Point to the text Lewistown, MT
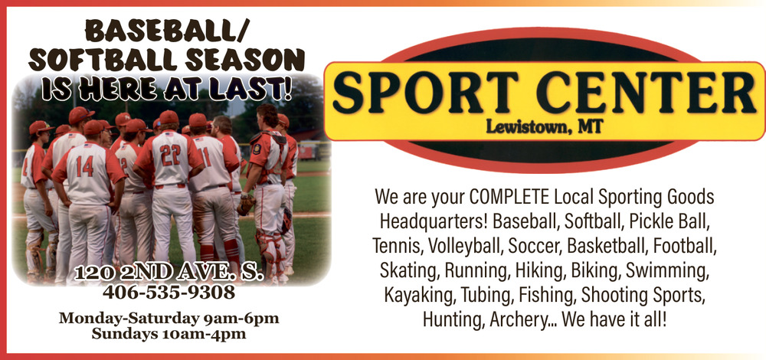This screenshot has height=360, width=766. point(544,127)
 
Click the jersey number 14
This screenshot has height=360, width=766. point(84,166)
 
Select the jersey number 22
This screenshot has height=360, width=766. point(170,155)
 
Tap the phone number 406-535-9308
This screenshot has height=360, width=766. point(169,293)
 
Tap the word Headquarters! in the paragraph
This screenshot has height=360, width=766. point(434,222)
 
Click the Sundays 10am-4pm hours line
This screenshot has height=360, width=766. point(169,334)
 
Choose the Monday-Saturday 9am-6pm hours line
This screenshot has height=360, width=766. point(169,319)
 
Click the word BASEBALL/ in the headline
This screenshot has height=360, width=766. point(167,32)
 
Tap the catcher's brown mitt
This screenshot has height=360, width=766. point(246,205)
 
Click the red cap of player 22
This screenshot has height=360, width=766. point(169,117)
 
